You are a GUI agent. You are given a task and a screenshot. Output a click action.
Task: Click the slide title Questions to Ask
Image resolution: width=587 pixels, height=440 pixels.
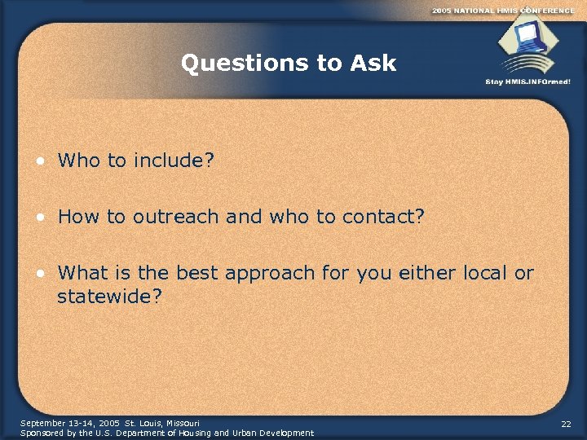pos(289,64)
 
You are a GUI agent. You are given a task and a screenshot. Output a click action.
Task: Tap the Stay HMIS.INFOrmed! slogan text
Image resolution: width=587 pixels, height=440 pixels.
pos(527,81)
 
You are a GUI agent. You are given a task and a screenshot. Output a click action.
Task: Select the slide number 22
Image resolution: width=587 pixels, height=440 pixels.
pos(566,425)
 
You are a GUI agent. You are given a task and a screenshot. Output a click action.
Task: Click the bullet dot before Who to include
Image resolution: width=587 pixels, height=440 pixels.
pos(40,161)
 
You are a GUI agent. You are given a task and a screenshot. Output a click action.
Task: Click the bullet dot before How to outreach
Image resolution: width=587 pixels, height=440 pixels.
pos(40,218)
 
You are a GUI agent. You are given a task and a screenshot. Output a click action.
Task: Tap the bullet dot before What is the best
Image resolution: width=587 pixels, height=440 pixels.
pos(40,273)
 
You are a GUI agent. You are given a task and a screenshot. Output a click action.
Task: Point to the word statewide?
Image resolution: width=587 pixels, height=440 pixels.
pos(110,296)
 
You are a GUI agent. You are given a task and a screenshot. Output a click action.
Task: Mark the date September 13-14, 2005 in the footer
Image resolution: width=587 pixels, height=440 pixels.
pos(70,424)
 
